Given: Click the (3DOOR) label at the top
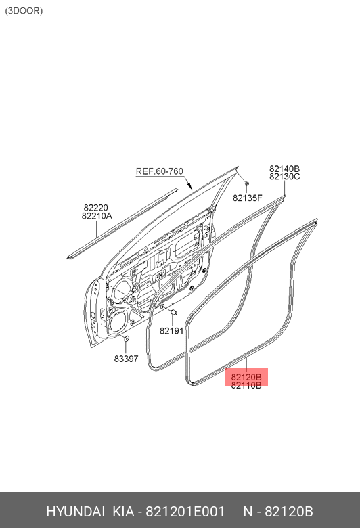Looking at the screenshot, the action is point(24,11).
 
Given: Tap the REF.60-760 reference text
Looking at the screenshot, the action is point(159,171).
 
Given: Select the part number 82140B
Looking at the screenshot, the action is point(284,169).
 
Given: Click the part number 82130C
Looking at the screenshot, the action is point(284,177).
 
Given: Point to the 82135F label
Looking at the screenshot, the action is point(247,198).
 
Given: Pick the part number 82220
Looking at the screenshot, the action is point(95,207).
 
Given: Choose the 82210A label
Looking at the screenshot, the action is point(97,216).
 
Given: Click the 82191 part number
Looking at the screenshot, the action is point(171,331).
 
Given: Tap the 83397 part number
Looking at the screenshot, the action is point(126,359).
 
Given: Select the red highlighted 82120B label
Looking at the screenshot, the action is point(246,377).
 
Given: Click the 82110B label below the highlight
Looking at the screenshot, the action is point(246,386).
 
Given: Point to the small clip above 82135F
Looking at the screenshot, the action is point(246,184).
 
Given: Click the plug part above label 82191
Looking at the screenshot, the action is point(174,312).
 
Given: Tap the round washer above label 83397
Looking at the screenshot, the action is point(127,338).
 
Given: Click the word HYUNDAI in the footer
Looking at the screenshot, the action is point(75,512).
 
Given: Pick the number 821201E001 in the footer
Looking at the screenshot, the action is point(185,512).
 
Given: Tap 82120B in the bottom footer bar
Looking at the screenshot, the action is point(288,512).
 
